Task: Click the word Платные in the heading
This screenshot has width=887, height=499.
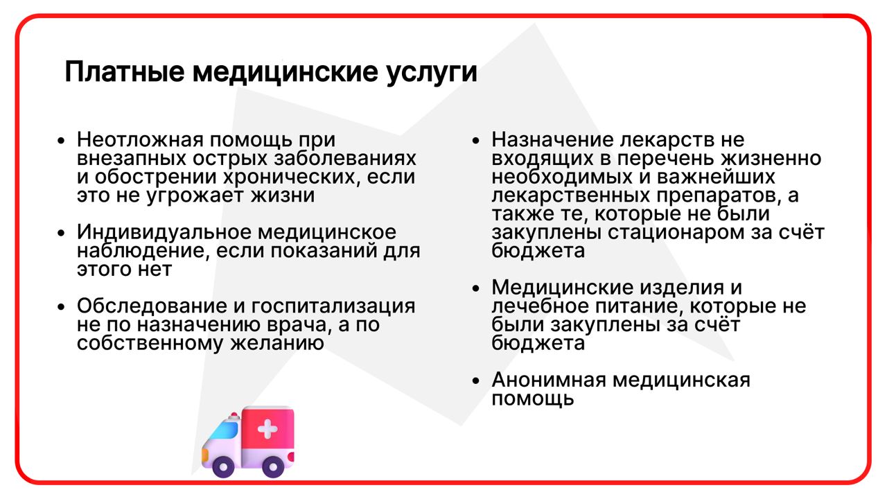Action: tap(125, 72)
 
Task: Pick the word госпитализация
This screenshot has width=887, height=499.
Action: tap(333, 306)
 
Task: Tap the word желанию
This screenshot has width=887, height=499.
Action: tap(277, 343)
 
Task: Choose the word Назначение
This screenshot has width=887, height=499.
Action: tap(552, 139)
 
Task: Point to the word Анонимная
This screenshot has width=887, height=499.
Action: tap(549, 380)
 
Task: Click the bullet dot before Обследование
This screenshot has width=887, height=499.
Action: tap(61, 306)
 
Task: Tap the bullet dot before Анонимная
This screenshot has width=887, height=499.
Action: tap(476, 380)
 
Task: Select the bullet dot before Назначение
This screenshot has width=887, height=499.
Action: tap(476, 140)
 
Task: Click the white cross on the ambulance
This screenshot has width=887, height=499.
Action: tap(267, 428)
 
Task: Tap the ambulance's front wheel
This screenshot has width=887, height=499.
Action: tap(223, 467)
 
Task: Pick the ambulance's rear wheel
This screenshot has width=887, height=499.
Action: tap(273, 467)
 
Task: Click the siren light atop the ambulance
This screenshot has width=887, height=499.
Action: tap(234, 416)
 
